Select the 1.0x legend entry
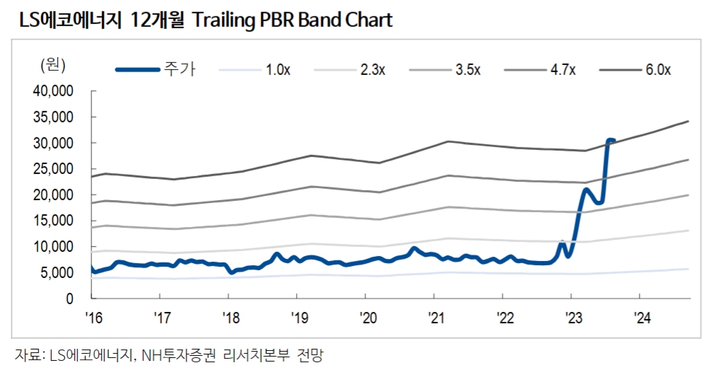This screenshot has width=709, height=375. (x=277, y=69)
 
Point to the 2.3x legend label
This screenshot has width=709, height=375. (x=372, y=69)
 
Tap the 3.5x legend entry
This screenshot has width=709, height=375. (x=468, y=69)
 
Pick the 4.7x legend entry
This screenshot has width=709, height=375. (x=563, y=69)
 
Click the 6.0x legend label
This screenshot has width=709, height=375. (x=657, y=69)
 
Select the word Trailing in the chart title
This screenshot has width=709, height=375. (x=226, y=21)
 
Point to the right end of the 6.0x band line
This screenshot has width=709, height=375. (x=688, y=121)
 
